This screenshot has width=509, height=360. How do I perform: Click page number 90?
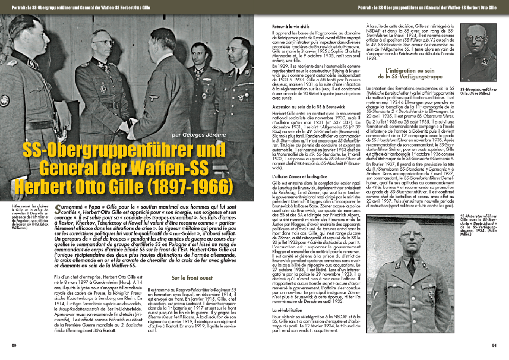pos(13,345)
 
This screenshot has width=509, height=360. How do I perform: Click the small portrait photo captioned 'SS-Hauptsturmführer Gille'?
pos(478,53)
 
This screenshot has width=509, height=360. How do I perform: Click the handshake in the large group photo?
pos(126,124)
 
